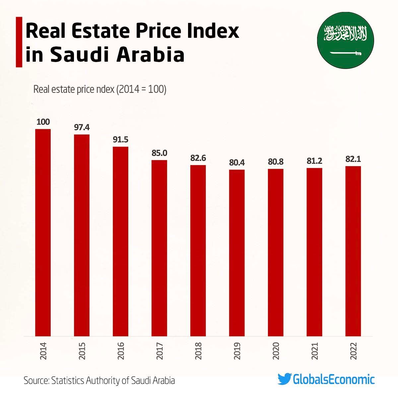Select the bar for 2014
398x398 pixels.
(x=43, y=232)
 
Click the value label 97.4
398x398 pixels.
(x=82, y=127)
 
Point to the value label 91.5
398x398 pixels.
(x=120, y=140)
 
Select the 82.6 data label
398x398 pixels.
(x=198, y=158)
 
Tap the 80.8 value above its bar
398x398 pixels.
(x=276, y=162)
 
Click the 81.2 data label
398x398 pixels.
(x=314, y=161)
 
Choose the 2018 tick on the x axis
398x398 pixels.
(x=198, y=351)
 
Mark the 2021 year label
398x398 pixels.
(x=315, y=351)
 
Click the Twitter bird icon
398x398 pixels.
(x=284, y=379)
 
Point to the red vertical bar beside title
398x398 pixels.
(x=19, y=42)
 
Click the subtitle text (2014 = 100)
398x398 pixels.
(x=141, y=90)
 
